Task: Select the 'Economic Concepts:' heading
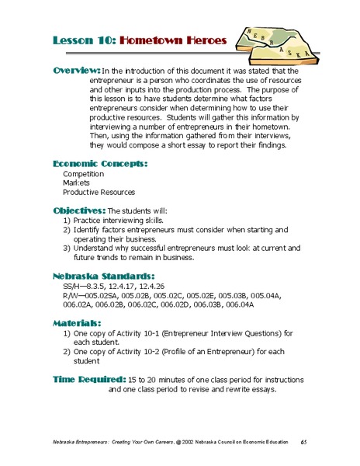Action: click(100, 164)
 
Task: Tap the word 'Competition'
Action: click(85, 173)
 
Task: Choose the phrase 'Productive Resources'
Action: click(99, 192)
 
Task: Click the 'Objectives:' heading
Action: click(78, 210)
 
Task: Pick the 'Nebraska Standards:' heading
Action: click(103, 276)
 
